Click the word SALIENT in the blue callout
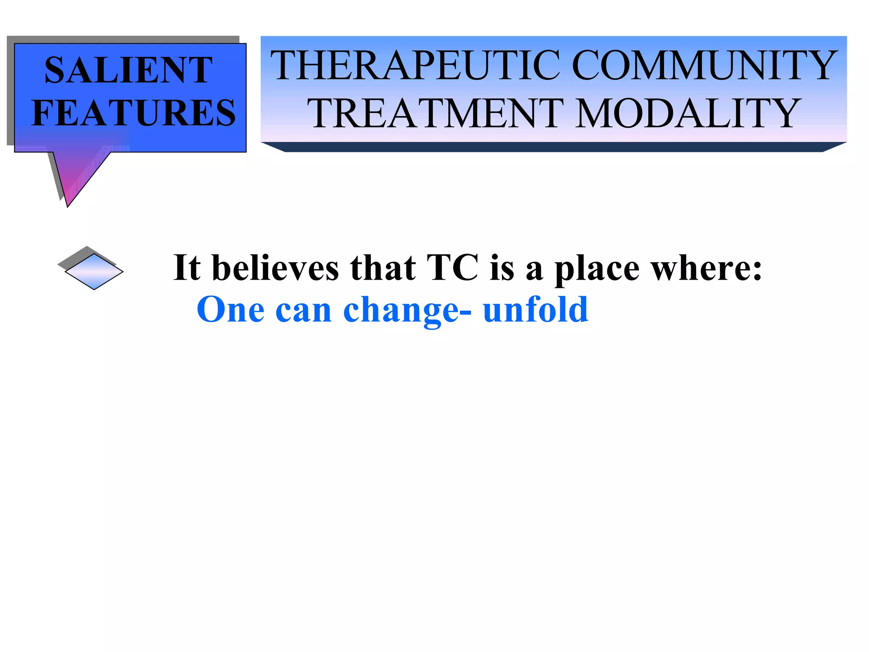click(x=128, y=70)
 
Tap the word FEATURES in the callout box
click(x=133, y=113)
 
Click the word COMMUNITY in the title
click(x=704, y=66)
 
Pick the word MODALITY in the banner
click(x=687, y=113)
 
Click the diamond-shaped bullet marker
click(x=94, y=271)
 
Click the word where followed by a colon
click(x=706, y=268)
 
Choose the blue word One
click(x=231, y=310)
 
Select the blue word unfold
click(x=535, y=310)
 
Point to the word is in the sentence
click(x=501, y=268)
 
